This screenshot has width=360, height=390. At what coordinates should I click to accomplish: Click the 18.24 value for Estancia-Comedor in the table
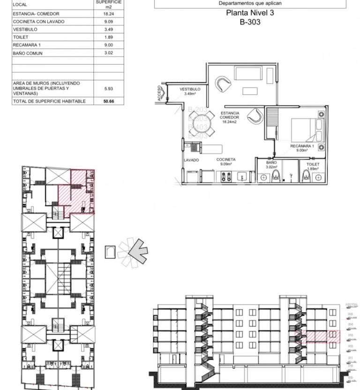(x=109, y=14)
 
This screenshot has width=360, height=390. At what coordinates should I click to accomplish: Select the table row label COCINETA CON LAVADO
(x=38, y=22)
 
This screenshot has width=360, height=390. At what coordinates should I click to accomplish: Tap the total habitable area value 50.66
(x=109, y=101)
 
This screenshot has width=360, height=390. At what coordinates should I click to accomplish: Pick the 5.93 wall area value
(x=109, y=89)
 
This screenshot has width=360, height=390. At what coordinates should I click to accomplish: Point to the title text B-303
(x=250, y=22)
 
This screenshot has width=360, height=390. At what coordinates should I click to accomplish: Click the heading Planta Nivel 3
(x=250, y=13)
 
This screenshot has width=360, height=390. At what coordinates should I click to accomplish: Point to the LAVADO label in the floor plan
(x=191, y=160)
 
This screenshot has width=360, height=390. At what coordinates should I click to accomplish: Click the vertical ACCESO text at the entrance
(x=160, y=93)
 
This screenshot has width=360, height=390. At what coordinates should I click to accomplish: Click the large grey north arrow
(x=137, y=249)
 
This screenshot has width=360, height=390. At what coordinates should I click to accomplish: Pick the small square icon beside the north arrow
(x=111, y=252)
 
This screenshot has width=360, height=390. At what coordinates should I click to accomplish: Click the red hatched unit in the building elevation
(x=321, y=336)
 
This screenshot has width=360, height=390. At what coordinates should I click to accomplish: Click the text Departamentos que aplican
(x=250, y=3)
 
